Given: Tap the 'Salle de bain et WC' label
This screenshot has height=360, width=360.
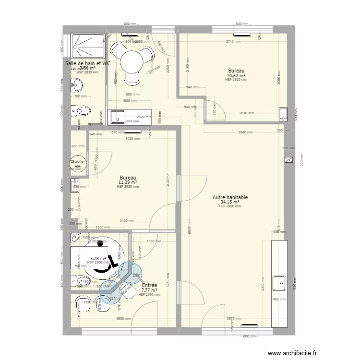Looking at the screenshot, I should [88, 63].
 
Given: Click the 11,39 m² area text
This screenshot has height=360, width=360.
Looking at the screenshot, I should [128, 182].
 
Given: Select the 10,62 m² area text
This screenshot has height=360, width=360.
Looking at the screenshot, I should [236, 76].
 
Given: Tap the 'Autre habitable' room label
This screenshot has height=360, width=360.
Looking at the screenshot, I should [230, 197].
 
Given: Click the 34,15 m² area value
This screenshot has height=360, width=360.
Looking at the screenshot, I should [230, 202].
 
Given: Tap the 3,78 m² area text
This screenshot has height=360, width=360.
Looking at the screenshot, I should [97, 259].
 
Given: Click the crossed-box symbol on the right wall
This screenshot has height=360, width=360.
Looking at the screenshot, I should [288, 160].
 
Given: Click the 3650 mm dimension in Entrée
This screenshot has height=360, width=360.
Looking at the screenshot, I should [124, 318].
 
